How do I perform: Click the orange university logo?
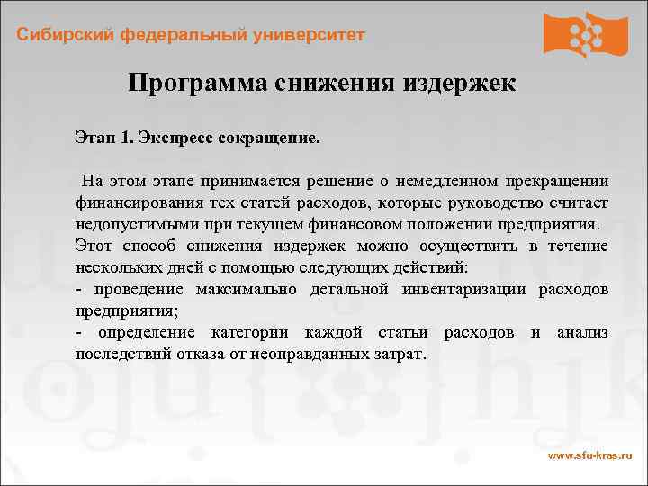coord(585,34)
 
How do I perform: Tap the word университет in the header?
coord(311,35)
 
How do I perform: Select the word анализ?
coord(582,333)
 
